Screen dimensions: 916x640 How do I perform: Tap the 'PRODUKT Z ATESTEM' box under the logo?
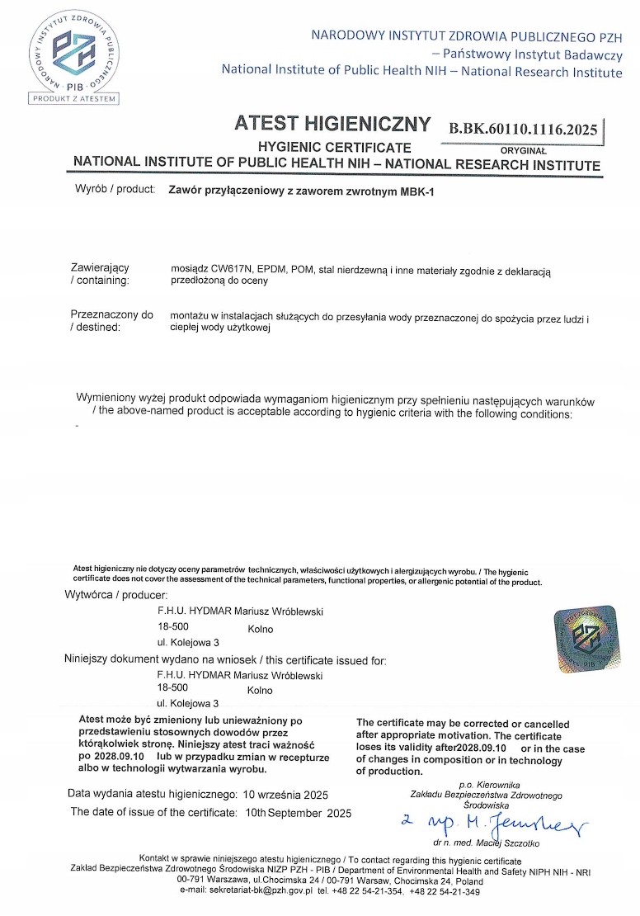tap(74, 99)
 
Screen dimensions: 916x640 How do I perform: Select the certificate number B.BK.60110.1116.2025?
tap(523, 129)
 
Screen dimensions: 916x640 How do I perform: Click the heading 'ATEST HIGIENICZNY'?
tap(332, 124)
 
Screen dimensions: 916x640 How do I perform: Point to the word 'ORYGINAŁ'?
tap(523, 150)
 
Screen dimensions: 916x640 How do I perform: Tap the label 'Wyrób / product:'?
tap(115, 189)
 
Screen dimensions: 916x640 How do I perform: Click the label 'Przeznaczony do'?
tap(112, 314)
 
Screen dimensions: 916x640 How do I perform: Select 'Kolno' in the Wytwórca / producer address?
tap(260, 629)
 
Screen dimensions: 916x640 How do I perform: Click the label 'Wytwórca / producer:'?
tap(116, 595)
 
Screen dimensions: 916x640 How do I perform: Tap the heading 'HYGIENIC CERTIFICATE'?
tap(323, 147)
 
